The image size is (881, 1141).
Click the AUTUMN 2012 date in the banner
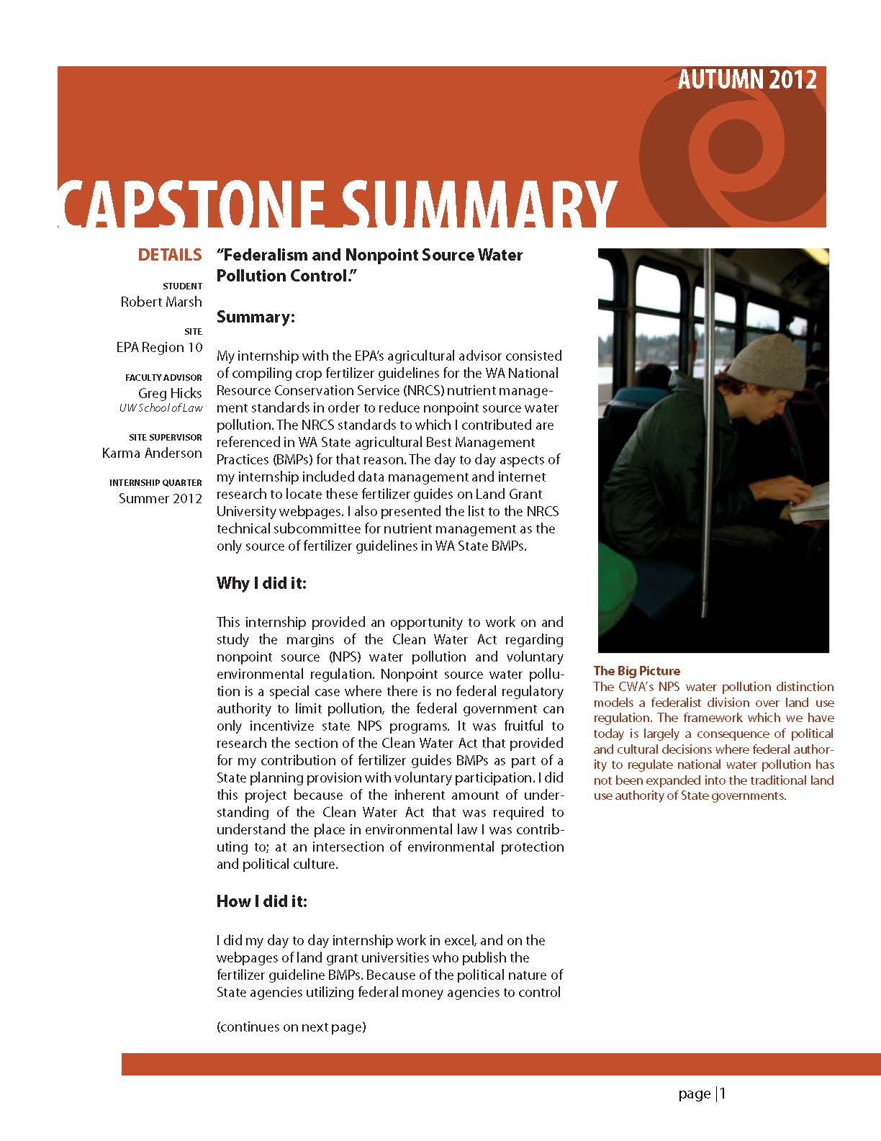pyautogui.click(x=746, y=79)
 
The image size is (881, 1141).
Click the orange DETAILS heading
pyautogui.click(x=170, y=255)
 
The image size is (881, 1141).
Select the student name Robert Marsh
pyautogui.click(x=161, y=302)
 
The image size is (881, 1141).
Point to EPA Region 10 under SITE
pyautogui.click(x=159, y=348)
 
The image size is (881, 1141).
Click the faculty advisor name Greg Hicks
pyautogui.click(x=170, y=393)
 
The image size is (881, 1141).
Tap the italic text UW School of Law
pyautogui.click(x=161, y=408)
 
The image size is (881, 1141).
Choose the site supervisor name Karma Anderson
pyautogui.click(x=152, y=454)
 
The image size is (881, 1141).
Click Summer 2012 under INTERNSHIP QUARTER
pyautogui.click(x=161, y=498)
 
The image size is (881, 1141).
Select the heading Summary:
pyautogui.click(x=256, y=317)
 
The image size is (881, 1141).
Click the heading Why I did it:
pyautogui.click(x=261, y=583)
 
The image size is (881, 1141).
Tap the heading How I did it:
pyautogui.click(x=261, y=901)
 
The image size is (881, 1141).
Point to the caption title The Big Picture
pyautogui.click(x=636, y=671)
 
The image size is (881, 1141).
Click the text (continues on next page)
pyautogui.click(x=291, y=1027)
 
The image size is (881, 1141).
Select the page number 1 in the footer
pyautogui.click(x=723, y=1094)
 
